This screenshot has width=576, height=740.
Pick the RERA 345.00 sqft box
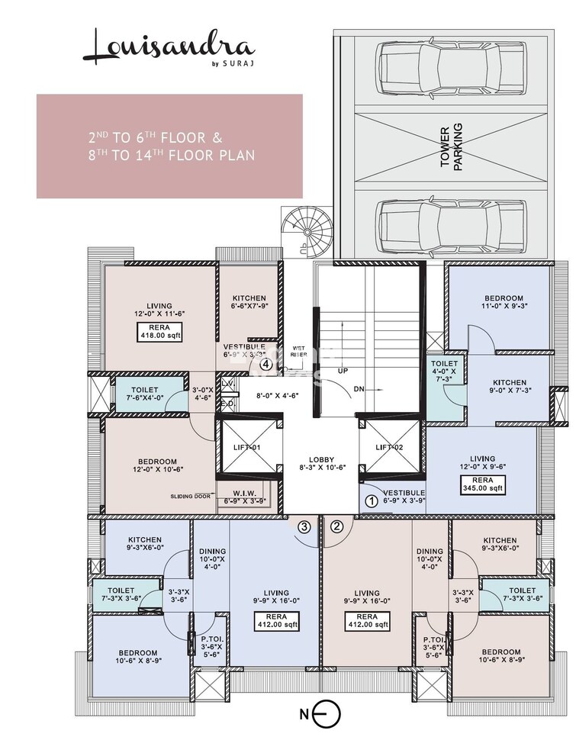(x=481, y=484)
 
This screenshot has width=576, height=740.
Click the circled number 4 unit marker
(x=265, y=365)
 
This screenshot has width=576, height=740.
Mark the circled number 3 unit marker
(x=304, y=526)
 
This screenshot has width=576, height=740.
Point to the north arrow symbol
(x=324, y=715)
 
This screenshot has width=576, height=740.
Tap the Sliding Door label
(x=191, y=496)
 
